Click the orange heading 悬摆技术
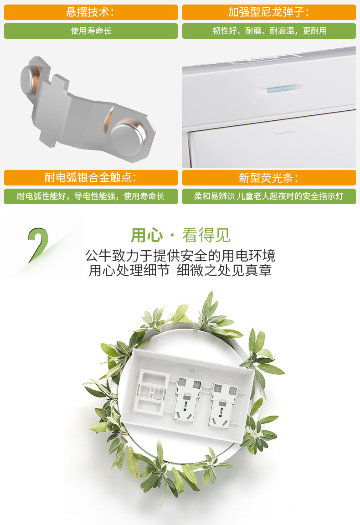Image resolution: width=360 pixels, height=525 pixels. (90, 12)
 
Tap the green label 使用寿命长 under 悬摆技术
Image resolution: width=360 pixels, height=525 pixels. (91, 31)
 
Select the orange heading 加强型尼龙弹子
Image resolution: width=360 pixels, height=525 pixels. (269, 12)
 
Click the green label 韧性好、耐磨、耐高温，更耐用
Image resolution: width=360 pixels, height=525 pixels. (269, 31)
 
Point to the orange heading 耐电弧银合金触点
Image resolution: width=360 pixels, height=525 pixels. (91, 177)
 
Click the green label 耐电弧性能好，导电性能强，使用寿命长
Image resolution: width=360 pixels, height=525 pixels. (91, 196)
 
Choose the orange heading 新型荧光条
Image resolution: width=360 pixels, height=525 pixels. (269, 177)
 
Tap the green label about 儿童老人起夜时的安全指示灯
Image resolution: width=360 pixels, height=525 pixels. (269, 196)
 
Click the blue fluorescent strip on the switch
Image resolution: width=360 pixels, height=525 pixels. (281, 89)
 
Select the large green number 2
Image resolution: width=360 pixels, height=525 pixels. (38, 245)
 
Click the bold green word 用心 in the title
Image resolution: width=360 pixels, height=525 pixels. (146, 235)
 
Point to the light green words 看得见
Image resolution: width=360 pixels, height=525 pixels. (206, 235)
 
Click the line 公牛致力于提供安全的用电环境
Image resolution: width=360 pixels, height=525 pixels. (180, 256)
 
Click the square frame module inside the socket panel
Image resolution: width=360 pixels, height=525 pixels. (151, 392)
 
